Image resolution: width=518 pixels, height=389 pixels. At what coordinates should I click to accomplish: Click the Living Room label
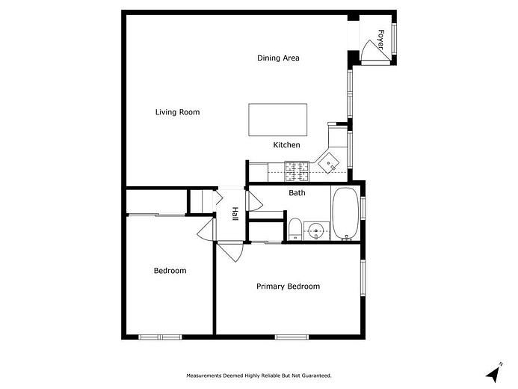pos(177,112)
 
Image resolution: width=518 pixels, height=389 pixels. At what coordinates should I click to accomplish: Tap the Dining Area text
pos(278,58)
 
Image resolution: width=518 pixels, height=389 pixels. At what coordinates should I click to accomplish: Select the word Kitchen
pos(286,145)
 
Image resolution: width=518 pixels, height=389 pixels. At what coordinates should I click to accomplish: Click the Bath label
pos(297,193)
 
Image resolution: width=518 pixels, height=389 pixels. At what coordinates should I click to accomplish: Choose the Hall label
pos(235,214)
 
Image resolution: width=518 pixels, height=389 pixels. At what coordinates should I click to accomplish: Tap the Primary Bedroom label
pos(288,287)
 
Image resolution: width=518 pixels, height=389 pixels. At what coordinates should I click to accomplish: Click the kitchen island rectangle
pos(278,120)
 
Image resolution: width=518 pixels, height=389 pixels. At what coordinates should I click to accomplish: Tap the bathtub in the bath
pos(345,212)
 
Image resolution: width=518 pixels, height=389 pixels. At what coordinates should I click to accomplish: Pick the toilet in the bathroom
pos(295,230)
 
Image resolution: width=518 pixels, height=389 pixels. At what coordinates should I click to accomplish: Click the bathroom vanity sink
pos(316,230)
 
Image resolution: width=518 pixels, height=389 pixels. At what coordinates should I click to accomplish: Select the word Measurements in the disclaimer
pos(206,376)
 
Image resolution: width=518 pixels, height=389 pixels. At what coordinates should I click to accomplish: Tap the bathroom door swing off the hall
pos(253,200)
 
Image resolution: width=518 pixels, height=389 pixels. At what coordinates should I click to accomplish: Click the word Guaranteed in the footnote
pos(316,376)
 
